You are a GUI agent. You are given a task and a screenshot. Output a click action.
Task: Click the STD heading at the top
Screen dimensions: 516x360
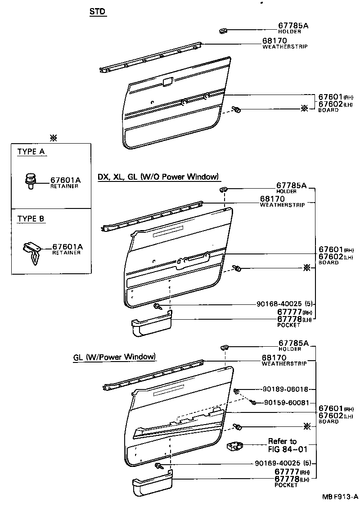click(98, 12)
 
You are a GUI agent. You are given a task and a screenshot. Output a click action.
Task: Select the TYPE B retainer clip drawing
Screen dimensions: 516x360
click(32, 250)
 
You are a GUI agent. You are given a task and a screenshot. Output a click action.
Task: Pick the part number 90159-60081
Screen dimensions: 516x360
click(286, 403)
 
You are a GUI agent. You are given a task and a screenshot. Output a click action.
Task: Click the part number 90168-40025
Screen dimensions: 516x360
click(280, 304)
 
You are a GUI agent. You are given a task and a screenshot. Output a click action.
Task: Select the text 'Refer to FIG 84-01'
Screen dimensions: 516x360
click(282, 445)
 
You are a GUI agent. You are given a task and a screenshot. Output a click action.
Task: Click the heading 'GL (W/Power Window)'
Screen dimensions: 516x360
click(115, 357)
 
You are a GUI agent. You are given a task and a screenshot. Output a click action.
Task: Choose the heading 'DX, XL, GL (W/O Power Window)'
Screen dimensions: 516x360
click(158, 177)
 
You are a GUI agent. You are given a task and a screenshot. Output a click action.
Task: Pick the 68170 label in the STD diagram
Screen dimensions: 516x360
click(274, 41)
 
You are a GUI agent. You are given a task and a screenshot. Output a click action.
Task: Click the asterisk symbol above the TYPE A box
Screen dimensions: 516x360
click(54, 137)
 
